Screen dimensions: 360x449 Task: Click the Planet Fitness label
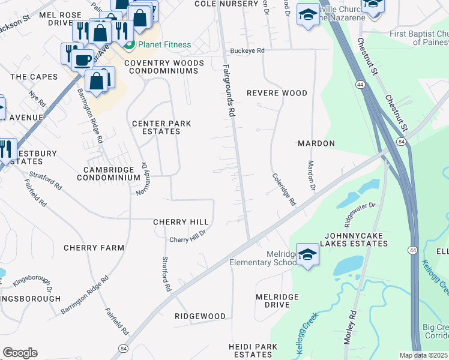click(164, 45)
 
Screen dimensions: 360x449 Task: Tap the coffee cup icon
click(83, 59)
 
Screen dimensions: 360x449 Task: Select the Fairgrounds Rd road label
click(229, 90)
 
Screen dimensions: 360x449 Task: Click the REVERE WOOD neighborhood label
click(277, 93)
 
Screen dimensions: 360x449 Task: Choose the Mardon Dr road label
click(312, 175)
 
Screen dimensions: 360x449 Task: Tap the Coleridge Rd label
click(284, 190)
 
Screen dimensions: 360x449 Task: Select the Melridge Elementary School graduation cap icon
click(307, 254)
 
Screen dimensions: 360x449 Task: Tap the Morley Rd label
click(350, 326)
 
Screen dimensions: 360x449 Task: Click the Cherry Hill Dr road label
click(188, 236)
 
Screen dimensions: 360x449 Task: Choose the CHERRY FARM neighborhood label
click(94, 248)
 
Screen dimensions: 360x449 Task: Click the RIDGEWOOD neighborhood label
click(200, 316)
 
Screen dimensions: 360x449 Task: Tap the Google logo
click(20, 353)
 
